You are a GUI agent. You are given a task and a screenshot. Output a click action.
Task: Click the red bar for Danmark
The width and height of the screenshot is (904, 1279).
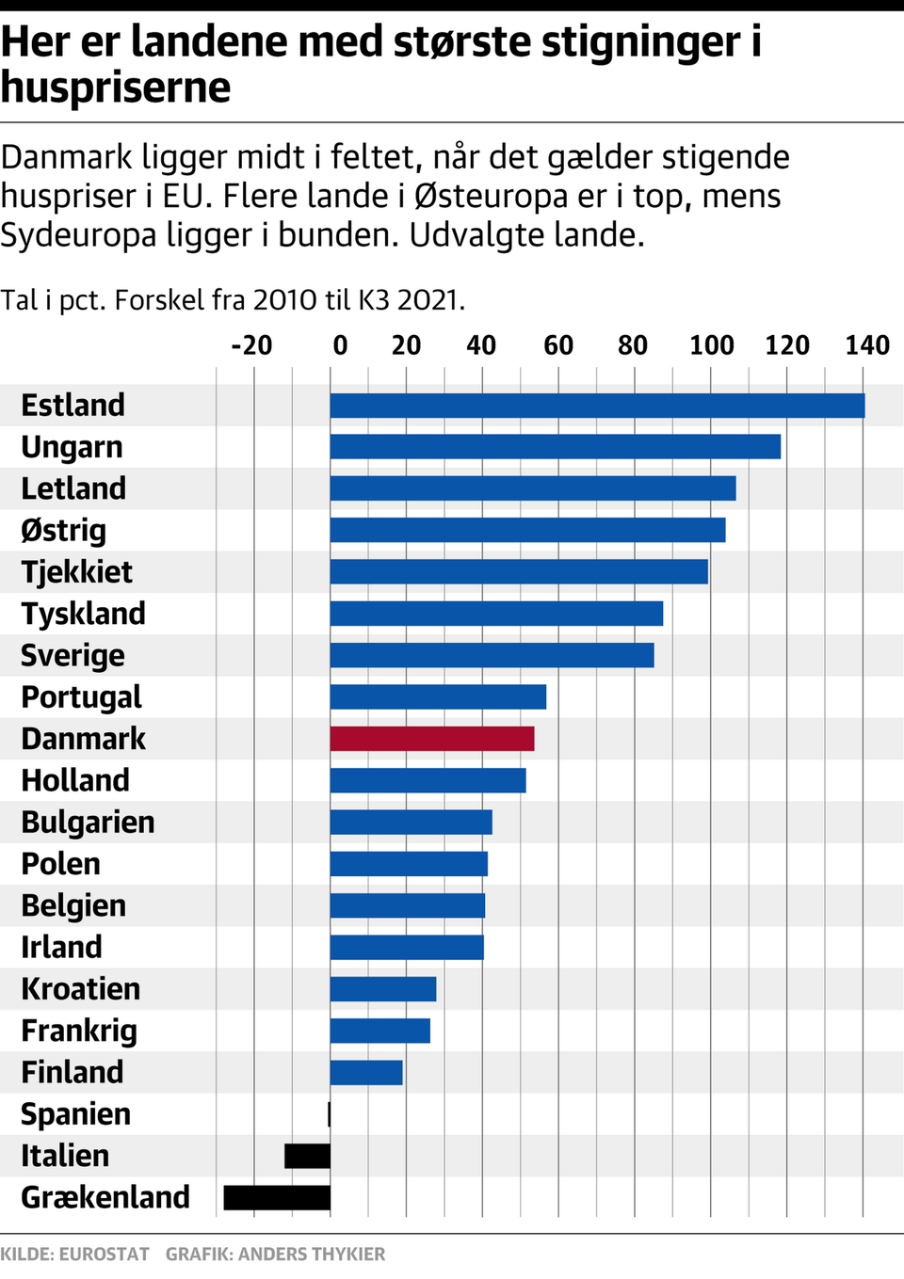click(432, 739)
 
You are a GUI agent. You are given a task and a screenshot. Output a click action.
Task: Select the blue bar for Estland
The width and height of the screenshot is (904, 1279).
click(597, 406)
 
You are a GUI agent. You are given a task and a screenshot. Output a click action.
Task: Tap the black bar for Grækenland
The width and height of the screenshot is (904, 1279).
click(277, 1197)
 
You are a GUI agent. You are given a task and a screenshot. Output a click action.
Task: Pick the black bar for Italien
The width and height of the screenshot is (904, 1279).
click(307, 1156)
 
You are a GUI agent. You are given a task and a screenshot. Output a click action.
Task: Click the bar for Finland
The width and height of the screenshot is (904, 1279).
click(366, 1073)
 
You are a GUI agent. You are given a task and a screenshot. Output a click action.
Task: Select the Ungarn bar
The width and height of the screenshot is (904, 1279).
click(556, 447)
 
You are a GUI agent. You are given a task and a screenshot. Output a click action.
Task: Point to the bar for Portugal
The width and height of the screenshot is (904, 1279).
click(438, 697)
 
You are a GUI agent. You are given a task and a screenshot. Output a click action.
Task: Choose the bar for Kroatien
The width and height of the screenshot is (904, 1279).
click(383, 989)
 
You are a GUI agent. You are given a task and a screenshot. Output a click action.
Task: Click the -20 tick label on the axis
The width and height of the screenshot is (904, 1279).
click(251, 345)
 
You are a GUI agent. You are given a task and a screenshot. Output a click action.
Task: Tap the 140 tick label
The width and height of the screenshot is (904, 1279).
click(866, 345)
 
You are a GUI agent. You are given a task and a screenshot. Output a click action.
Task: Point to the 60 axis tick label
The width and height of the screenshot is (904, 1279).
click(558, 345)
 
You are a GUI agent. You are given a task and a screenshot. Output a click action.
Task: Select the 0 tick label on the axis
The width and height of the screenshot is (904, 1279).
click(340, 345)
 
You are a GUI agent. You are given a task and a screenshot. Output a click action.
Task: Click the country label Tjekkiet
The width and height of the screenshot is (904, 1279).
click(77, 572)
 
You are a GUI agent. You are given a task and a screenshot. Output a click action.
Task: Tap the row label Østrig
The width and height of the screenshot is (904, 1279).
click(64, 531)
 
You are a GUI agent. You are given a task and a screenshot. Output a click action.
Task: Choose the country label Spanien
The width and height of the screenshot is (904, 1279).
click(76, 1114)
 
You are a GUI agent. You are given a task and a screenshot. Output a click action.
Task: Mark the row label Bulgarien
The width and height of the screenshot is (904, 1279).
click(89, 823)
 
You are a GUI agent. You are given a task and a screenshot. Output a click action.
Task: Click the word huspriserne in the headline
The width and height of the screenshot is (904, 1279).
click(116, 88)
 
